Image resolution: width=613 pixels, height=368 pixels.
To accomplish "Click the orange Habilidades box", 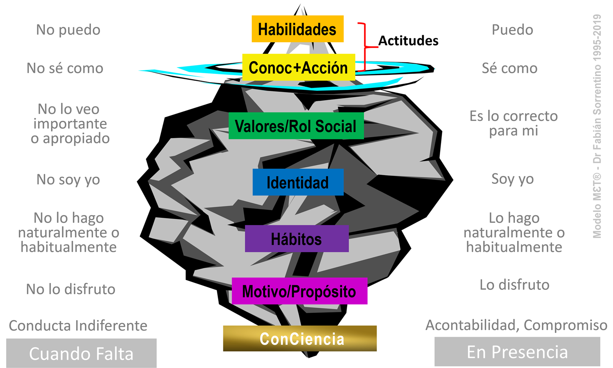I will tap(297, 29).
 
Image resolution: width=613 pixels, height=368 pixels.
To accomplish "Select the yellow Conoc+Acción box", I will tap(298, 67).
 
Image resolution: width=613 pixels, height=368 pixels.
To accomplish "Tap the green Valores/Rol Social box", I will tap(296, 126).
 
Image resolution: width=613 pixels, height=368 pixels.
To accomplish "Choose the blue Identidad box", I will tap(298, 182).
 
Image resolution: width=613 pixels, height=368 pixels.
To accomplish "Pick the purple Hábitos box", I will tap(297, 239).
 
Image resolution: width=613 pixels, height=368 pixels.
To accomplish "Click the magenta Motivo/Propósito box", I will tap(299, 291).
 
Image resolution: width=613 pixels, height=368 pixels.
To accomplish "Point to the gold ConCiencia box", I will tap(300, 338).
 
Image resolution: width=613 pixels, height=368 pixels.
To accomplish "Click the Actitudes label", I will tap(408, 41).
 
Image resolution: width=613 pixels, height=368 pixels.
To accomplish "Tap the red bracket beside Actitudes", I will tap(363, 47).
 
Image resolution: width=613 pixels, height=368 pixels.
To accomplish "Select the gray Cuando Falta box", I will tap(81, 353).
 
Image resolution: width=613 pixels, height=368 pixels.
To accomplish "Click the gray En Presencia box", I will tap(517, 352).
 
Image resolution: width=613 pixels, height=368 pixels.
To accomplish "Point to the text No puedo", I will tap(68, 30).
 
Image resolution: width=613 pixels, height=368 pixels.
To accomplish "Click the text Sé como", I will tap(510, 68).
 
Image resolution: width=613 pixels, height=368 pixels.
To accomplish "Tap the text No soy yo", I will tap(68, 179).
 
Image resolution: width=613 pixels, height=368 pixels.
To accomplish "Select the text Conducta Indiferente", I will tap(78, 326).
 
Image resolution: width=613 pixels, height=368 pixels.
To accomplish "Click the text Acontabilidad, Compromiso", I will tap(516, 325).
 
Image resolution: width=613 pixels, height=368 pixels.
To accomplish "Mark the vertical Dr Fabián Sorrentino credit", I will tap(597, 127).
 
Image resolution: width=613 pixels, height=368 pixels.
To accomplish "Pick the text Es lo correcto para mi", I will tap(513, 123).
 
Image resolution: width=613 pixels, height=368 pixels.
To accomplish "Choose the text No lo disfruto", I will tap(70, 289).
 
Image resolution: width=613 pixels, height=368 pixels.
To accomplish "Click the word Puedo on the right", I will tap(512, 30).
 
